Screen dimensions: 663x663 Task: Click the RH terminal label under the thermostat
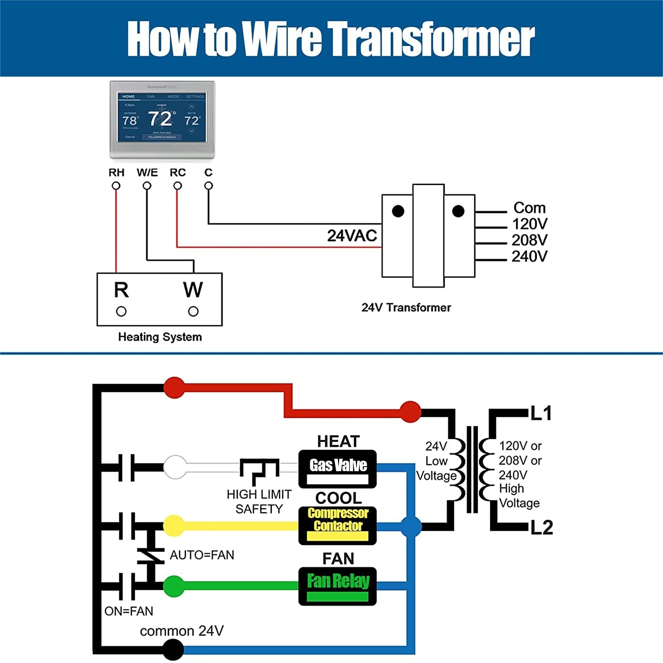tap(116, 172)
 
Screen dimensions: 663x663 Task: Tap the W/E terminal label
tap(147, 172)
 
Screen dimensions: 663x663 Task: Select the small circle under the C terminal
tap(209, 186)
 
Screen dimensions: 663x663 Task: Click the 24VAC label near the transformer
tap(352, 236)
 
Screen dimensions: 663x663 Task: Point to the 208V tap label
tap(529, 240)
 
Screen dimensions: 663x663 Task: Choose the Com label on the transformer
tap(529, 208)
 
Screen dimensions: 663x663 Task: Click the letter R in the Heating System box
tap(121, 290)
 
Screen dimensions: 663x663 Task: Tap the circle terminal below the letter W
tap(193, 312)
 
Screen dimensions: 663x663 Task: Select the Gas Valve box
tap(338, 469)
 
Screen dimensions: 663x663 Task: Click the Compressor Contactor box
tap(338, 525)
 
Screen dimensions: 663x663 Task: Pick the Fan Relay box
tap(338, 586)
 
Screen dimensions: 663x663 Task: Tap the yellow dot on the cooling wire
tap(174, 526)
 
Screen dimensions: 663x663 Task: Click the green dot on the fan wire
tap(174, 586)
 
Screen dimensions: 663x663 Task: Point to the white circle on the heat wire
tap(175, 467)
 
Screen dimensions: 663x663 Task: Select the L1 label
tap(541, 413)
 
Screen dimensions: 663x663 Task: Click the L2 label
tap(541, 527)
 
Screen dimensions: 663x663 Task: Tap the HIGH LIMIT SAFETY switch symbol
tap(259, 471)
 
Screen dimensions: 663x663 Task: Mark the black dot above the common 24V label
tap(173, 649)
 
